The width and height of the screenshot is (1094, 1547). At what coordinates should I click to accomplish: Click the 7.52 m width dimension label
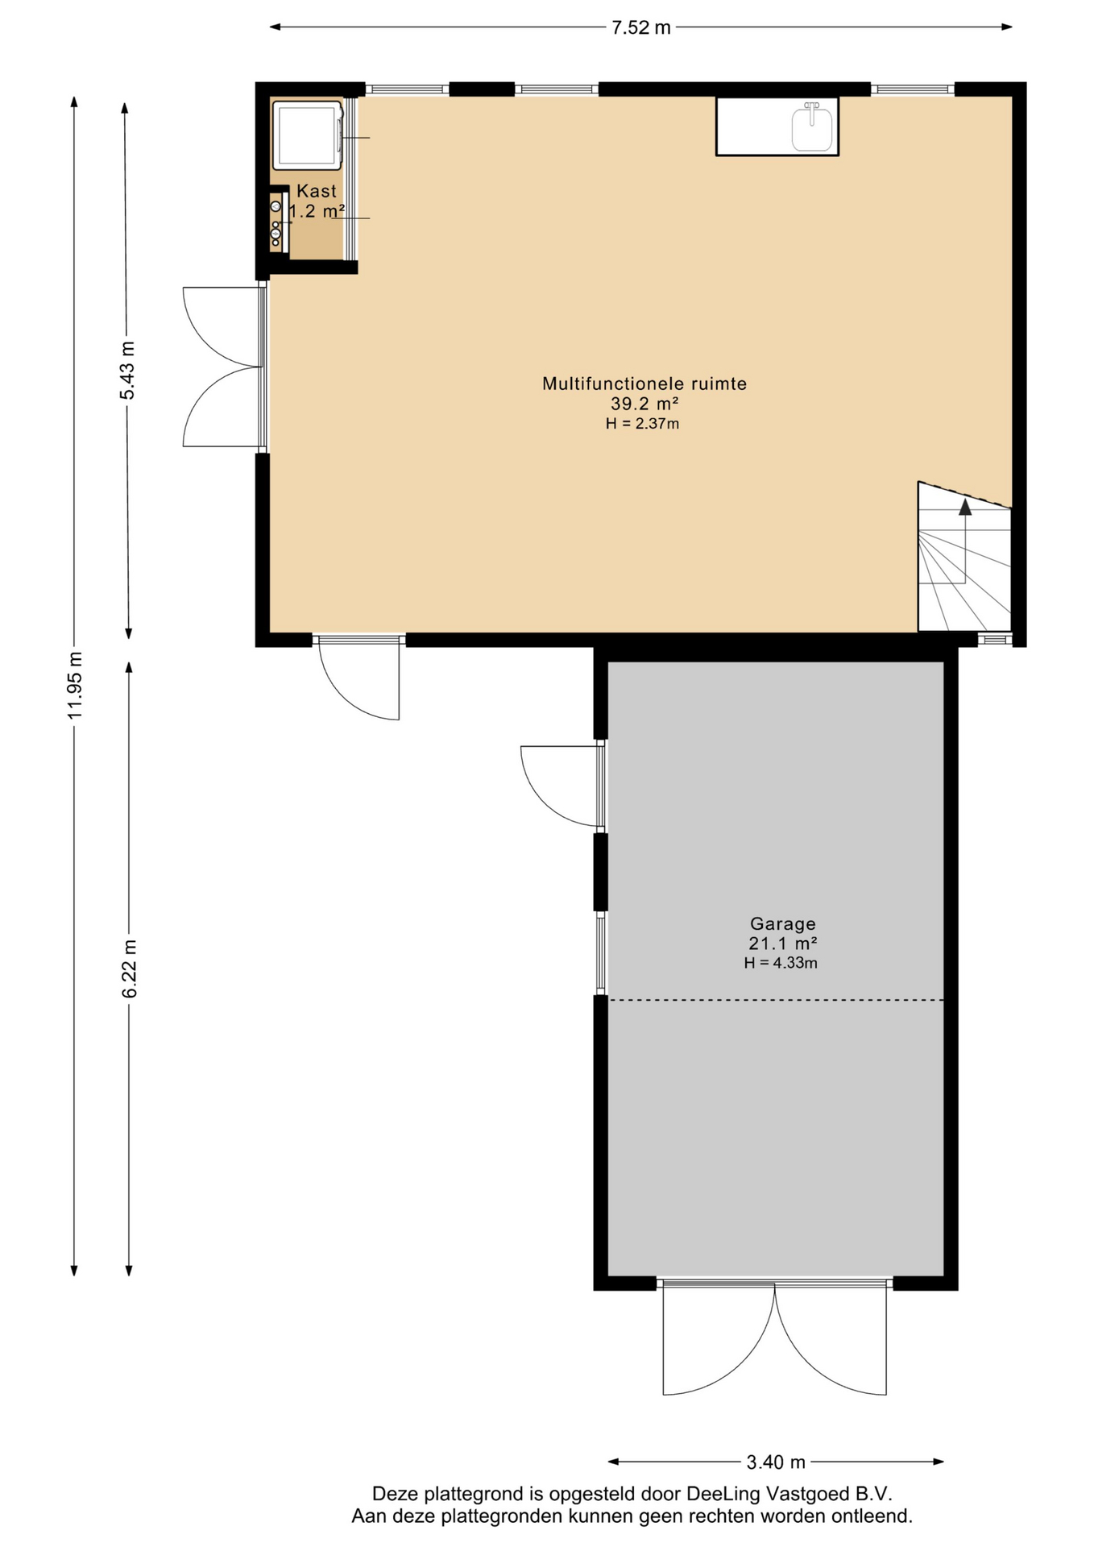point(640,27)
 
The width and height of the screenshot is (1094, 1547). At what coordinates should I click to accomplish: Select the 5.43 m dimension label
point(127,370)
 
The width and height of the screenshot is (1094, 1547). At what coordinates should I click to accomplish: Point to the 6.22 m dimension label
point(130,968)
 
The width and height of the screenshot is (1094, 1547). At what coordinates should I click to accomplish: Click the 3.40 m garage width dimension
point(776,1462)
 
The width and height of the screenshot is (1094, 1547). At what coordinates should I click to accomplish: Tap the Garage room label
point(783,924)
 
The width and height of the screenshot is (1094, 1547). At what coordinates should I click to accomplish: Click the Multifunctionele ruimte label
point(644,384)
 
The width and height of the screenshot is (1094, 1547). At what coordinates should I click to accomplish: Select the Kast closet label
point(317,191)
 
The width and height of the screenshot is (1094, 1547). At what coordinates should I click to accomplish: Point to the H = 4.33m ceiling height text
point(781,963)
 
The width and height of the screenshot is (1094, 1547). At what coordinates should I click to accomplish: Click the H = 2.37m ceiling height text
point(642,424)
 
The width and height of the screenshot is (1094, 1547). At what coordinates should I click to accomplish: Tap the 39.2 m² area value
point(644,404)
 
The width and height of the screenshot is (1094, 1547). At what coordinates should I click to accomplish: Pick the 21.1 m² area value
point(783,944)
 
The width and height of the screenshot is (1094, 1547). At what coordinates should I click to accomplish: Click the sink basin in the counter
point(812,127)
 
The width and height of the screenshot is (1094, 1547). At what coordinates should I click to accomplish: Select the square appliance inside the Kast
point(307,135)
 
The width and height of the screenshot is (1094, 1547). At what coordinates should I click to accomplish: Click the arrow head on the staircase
point(965,506)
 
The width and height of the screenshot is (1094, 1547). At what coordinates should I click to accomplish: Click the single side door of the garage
point(562,786)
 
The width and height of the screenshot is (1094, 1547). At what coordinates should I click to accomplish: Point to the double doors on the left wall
point(224,367)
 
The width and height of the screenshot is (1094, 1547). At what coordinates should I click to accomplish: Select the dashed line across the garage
point(776,1000)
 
